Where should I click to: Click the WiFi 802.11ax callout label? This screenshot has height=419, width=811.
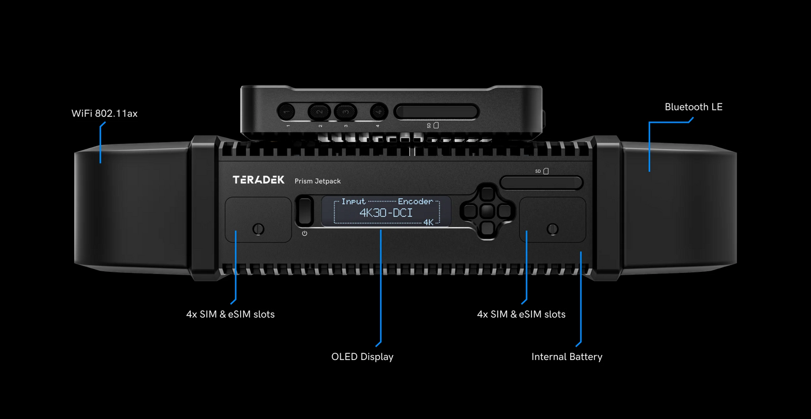tap(104, 113)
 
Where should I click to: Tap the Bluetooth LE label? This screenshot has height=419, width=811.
tap(693, 107)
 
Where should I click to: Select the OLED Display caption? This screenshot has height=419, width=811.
tap(362, 357)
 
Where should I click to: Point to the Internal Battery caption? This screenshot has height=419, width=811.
tap(566, 357)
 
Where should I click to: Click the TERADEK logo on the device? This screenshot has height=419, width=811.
tap(259, 180)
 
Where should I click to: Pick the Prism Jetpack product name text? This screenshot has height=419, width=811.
tap(318, 181)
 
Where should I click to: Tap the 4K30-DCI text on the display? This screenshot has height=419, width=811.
tap(386, 213)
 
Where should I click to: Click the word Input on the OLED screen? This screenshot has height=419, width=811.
tap(354, 201)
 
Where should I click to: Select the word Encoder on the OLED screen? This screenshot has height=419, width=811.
tap(415, 201)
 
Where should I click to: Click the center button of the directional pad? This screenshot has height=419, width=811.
tap(487, 211)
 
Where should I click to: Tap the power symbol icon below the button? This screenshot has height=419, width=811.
tap(305, 233)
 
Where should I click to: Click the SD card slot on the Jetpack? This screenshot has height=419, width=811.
tap(542, 183)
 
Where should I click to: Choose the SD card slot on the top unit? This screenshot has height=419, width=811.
tap(437, 111)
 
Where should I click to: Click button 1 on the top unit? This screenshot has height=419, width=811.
tap(287, 111)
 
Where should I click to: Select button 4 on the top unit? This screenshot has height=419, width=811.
tap(378, 111)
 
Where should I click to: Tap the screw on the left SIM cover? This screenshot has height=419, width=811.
tap(258, 229)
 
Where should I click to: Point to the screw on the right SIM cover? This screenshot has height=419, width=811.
tap(552, 229)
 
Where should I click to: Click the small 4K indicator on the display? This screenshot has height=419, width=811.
tap(428, 222)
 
